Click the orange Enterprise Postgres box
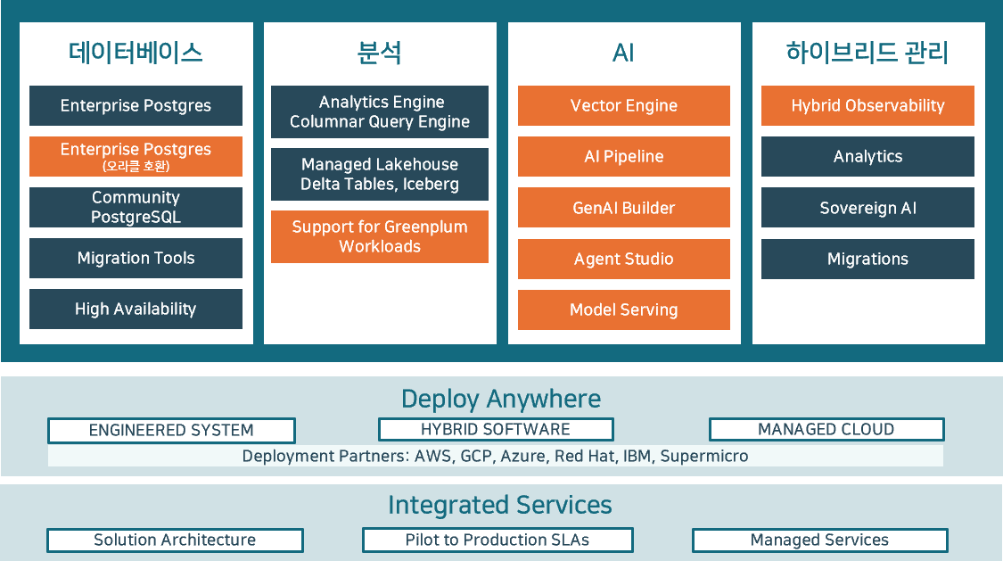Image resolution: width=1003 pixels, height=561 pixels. (x=136, y=156)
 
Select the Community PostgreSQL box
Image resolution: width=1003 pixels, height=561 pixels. (x=136, y=207)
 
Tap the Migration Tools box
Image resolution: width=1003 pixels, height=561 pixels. (x=136, y=258)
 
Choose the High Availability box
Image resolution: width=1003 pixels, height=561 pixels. (x=136, y=309)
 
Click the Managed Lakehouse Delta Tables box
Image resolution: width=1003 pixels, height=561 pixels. (x=380, y=174)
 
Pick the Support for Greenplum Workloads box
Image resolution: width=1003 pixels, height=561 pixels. (x=380, y=236)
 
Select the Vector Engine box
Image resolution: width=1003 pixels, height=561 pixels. (x=624, y=105)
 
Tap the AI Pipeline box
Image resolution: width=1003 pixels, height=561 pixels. (x=624, y=156)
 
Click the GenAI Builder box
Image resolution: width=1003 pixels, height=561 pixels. (x=624, y=208)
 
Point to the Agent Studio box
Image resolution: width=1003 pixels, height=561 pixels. (x=624, y=259)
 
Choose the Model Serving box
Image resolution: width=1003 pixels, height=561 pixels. (x=624, y=309)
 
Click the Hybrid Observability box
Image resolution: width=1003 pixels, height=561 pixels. (x=867, y=105)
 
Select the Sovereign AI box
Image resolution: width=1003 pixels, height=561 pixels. (x=867, y=208)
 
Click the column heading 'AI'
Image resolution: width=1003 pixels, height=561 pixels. (x=623, y=53)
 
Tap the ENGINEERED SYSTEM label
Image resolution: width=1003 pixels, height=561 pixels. (x=171, y=430)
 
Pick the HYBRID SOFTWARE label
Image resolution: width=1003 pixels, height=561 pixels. (x=496, y=429)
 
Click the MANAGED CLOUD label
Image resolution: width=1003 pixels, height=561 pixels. (x=826, y=429)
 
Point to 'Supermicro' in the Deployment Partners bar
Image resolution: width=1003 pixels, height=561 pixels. (x=704, y=456)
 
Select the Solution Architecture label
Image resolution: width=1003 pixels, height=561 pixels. (x=175, y=540)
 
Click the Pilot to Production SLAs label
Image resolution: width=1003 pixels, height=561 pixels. (x=497, y=540)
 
